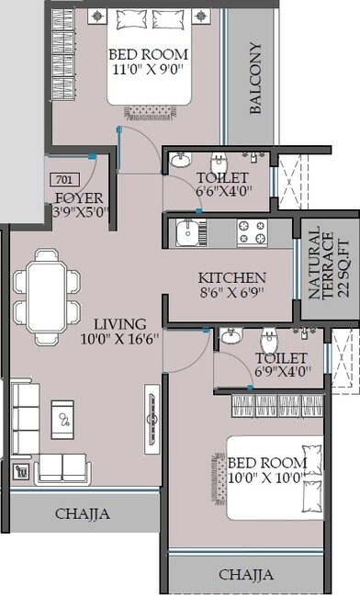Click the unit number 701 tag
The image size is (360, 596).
(63, 179)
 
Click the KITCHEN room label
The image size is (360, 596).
(232, 277)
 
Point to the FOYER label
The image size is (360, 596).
(78, 198)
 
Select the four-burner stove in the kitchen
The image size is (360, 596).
(251, 233)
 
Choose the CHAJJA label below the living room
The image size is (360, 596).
(82, 514)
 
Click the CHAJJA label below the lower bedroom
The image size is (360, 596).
(245, 575)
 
